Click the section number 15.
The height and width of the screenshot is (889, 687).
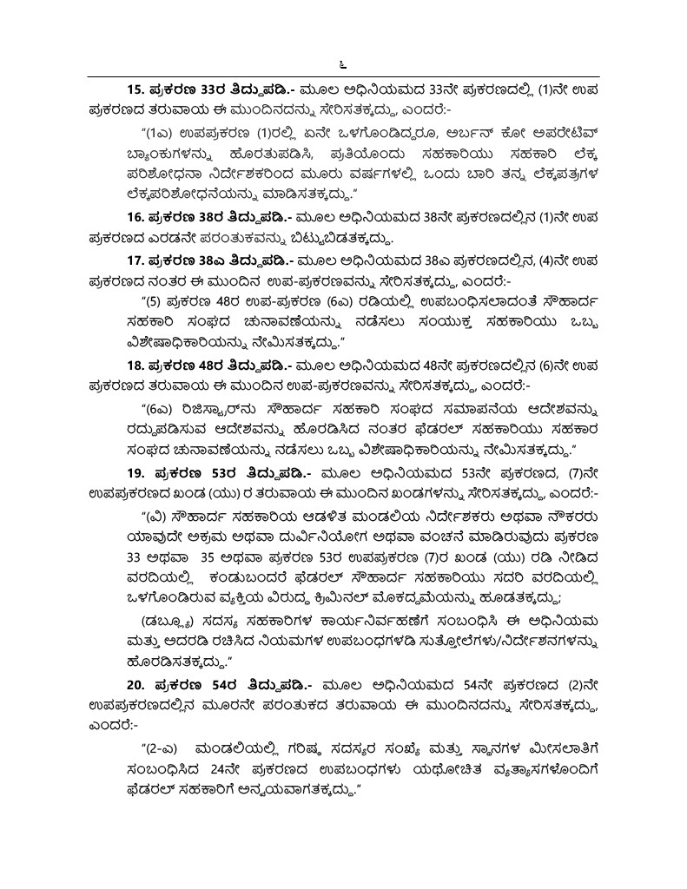pyautogui.click(x=135, y=89)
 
